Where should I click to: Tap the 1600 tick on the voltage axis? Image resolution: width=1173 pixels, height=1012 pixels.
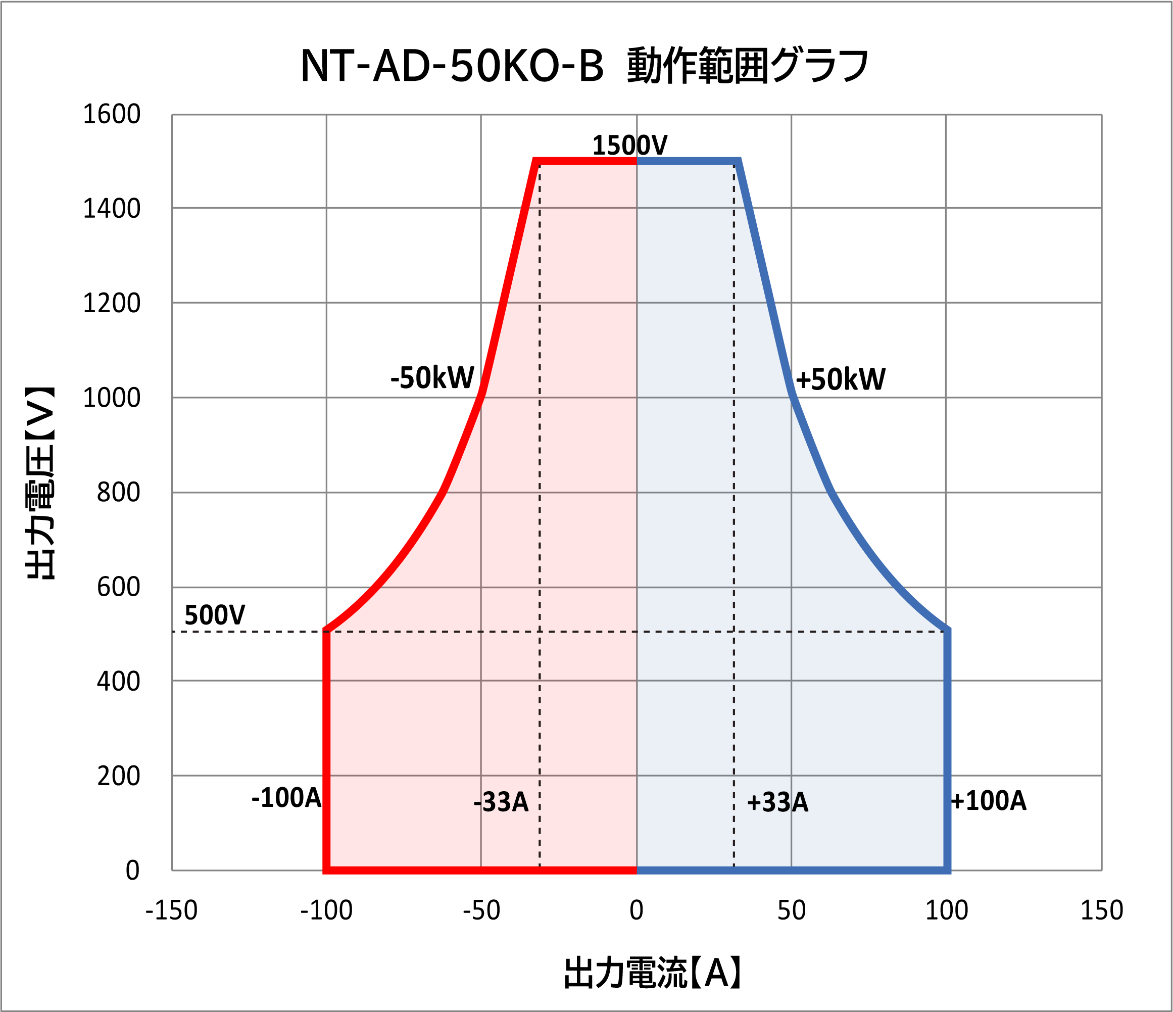112,114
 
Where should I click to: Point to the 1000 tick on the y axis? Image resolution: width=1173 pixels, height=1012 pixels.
112,398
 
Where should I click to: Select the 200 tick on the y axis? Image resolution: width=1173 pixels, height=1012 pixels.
118,776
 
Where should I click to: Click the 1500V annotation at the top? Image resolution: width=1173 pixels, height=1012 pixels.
629,146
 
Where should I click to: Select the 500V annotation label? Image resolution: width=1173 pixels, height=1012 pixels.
215,615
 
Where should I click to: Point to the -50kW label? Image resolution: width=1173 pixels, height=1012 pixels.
432,378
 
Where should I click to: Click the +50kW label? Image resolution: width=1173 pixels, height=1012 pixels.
840,379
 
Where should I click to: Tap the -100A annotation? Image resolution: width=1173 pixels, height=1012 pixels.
286,798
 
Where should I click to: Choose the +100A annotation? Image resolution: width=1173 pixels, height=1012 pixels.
988,801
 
